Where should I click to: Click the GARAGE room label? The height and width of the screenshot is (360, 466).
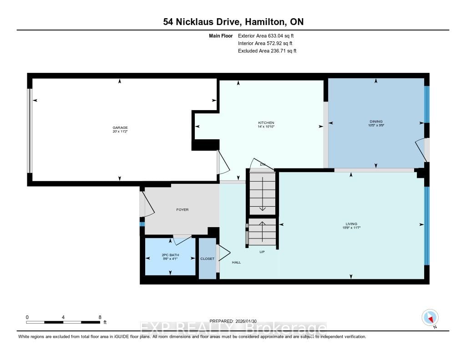point(120,127)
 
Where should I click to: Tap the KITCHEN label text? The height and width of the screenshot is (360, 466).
point(266,123)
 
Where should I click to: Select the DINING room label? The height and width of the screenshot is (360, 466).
point(375,122)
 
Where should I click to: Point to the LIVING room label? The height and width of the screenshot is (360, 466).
point(351,223)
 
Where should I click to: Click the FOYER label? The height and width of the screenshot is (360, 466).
point(182,210)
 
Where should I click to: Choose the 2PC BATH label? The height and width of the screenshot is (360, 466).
point(170,254)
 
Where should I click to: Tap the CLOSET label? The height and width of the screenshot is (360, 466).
point(207,259)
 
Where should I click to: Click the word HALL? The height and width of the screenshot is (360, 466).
point(236,262)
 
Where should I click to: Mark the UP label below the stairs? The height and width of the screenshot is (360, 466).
point(262,252)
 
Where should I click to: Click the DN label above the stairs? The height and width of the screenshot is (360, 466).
point(263,164)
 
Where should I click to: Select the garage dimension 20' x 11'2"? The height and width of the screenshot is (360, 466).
point(120,132)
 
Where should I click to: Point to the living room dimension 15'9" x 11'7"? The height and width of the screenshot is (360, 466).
point(351,228)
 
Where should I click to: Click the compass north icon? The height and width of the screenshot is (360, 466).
point(430,317)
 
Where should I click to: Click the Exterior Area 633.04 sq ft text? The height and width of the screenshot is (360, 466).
point(269,35)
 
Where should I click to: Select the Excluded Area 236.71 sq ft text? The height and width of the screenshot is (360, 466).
point(267,51)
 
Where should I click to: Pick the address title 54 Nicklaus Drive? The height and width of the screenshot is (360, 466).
point(198,22)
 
